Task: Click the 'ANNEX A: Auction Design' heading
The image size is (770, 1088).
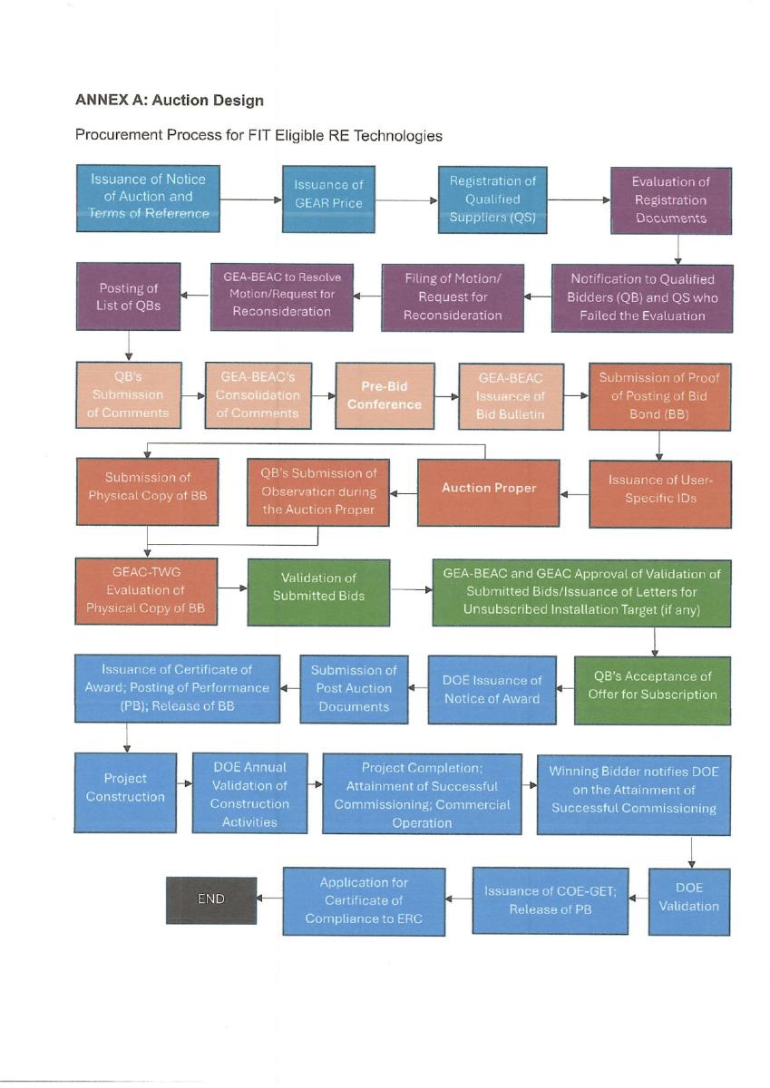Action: [170, 100]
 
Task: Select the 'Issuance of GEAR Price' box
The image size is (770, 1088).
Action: [328, 199]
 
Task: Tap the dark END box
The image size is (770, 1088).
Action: [211, 900]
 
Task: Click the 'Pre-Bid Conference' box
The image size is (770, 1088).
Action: [385, 395]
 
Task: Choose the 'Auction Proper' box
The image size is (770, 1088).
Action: [488, 492]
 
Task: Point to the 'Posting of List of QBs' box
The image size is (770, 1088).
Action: [128, 296]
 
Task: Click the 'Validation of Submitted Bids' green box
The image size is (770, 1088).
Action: [318, 592]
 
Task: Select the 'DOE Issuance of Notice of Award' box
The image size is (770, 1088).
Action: [492, 690]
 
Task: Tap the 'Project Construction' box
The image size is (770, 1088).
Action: [125, 792]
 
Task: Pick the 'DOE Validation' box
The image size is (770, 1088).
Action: [689, 901]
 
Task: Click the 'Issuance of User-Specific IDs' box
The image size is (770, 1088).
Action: [660, 494]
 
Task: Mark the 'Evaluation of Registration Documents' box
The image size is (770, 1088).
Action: [671, 200]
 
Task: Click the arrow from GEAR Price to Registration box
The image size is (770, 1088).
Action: [406, 200]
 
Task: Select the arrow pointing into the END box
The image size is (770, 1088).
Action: [269, 899]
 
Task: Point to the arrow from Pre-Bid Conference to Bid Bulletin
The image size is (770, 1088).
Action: [447, 396]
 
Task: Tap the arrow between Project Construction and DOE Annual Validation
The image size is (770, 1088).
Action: [185, 783]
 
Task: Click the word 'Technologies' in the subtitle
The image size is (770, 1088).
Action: [397, 135]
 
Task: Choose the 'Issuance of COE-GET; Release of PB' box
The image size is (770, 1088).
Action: [550, 901]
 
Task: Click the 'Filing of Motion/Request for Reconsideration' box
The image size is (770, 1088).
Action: [453, 297]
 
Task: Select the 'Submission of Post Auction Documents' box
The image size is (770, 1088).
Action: [354, 689]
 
